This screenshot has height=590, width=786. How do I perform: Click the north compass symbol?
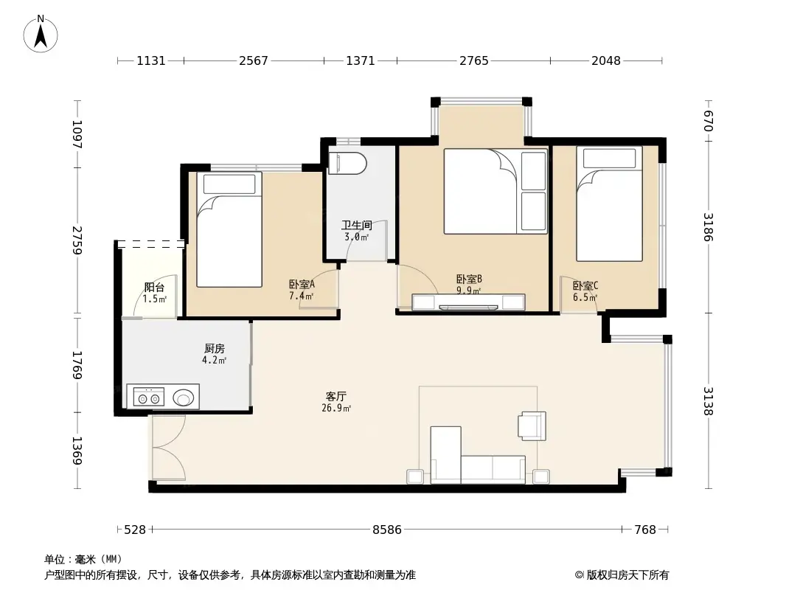click(41, 32)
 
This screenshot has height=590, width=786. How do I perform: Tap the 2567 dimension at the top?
click(253, 61)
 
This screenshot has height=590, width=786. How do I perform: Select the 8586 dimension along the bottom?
click(386, 530)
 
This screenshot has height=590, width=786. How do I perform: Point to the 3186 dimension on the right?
click(708, 226)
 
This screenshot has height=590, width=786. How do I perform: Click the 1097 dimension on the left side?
click(77, 135)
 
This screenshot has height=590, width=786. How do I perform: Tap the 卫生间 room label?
click(355, 225)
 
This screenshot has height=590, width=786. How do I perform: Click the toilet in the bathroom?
click(346, 164)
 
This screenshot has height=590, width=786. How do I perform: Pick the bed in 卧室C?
click(609, 204)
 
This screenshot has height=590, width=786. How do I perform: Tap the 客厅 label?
click(335, 397)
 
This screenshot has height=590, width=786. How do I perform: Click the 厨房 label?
click(214, 348)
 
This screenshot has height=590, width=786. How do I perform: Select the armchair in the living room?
click(532, 426)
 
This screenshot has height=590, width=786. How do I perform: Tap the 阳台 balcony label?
click(154, 288)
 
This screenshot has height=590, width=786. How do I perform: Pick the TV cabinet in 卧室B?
click(468, 302)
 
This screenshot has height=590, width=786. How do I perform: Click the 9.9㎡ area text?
click(469, 291)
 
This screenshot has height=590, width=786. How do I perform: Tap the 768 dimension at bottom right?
click(645, 530)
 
